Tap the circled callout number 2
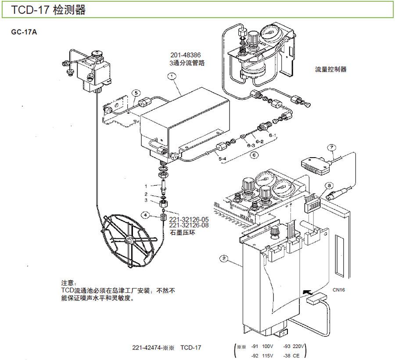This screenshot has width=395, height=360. pyautogui.click(x=224, y=259)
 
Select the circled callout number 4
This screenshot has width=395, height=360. pyautogui.click(x=146, y=215)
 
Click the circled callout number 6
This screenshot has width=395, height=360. pyautogui.click(x=253, y=155)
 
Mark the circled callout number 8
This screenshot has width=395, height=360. pyautogui.click(x=329, y=186)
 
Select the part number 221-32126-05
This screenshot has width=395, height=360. pyautogui.click(x=189, y=219)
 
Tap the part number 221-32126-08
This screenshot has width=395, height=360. pyautogui.click(x=189, y=225)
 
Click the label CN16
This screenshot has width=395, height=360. pyautogui.click(x=339, y=290)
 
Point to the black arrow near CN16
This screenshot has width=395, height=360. pyautogui.click(x=308, y=291)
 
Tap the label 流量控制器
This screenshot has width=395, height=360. pyautogui.click(x=331, y=69)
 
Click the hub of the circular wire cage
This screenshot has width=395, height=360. pyautogui.click(x=129, y=240)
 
